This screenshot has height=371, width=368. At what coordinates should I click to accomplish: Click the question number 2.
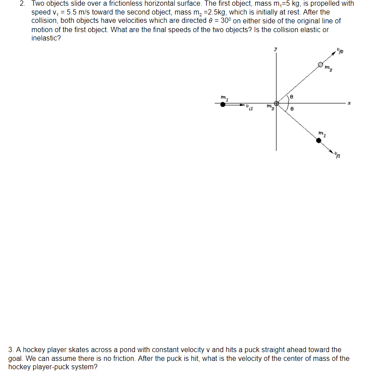[x=22, y=4]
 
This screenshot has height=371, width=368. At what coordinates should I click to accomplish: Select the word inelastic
[x=46, y=38]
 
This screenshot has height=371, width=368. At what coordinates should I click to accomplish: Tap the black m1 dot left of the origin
[x=223, y=104]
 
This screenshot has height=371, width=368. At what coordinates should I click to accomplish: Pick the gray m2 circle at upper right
[x=321, y=65]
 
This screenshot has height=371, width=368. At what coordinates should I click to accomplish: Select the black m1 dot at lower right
[x=319, y=140]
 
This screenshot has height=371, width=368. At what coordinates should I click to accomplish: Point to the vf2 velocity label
[x=340, y=52]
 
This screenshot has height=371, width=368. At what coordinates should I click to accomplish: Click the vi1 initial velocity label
[x=249, y=107]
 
